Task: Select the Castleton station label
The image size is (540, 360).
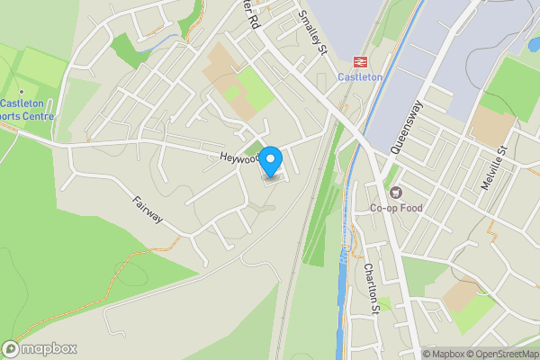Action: coord(360,77)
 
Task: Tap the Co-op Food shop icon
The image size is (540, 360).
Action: coord(395,193)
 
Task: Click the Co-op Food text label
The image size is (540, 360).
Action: coord(396,208)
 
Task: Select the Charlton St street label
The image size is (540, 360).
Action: coord(371,280)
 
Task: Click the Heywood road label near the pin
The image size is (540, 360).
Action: coord(238,157)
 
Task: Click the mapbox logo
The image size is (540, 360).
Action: coord(40,349)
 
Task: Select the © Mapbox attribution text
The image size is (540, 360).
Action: coord(442,354)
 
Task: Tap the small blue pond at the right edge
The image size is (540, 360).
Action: coord(534,44)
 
